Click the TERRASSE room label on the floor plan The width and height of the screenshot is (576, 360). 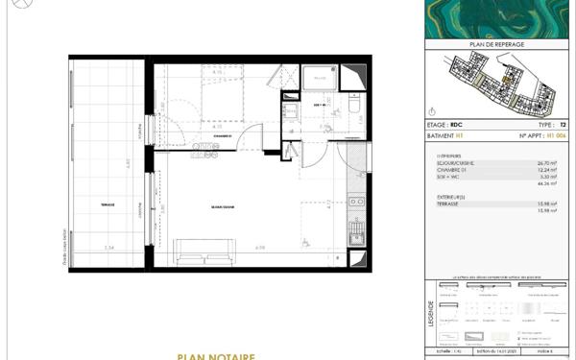[107, 204]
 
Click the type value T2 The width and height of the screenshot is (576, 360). [564, 125]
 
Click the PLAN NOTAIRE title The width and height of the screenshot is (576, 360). [216, 356]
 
